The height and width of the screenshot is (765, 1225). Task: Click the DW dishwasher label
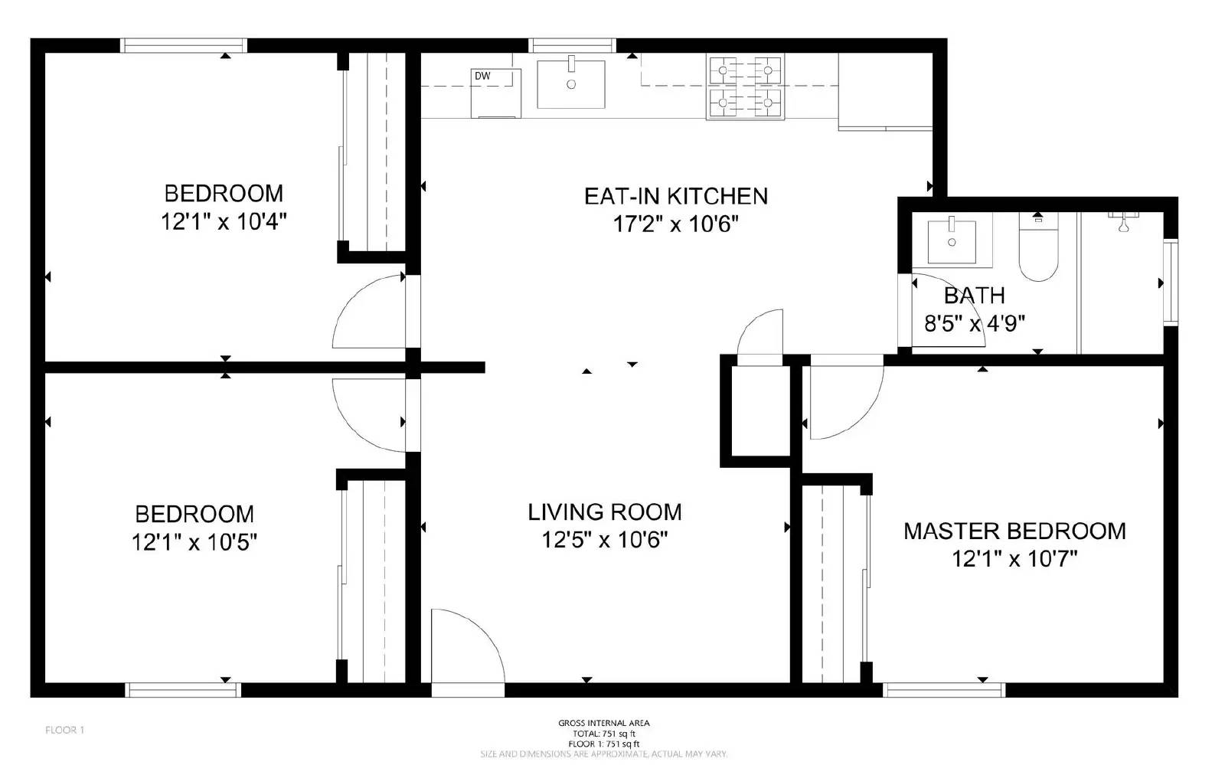[482, 76]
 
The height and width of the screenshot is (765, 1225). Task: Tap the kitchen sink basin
[570, 84]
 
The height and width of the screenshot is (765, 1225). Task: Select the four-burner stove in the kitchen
[745, 87]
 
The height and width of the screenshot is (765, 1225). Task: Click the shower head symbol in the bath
[1123, 224]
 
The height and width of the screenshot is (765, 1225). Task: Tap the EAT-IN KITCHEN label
[675, 196]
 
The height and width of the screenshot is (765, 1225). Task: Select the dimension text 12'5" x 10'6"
[604, 541]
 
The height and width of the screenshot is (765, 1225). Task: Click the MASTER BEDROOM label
[1014, 531]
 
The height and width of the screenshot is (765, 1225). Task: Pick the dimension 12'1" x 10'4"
[224, 222]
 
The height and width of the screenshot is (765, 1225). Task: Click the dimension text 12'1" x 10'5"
[194, 543]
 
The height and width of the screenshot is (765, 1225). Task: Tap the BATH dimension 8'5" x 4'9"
[974, 324]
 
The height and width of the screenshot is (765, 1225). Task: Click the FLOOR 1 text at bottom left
[64, 730]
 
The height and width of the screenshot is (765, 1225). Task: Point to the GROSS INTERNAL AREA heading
[603, 723]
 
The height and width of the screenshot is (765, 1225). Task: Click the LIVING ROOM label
[604, 512]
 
